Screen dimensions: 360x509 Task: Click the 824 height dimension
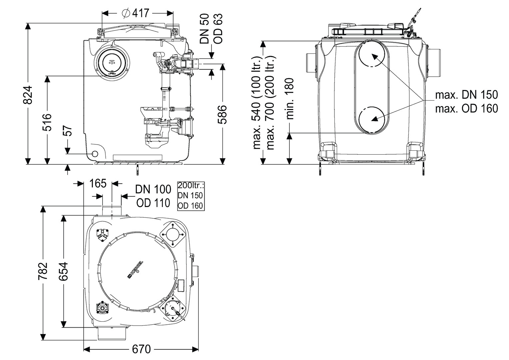(x=29, y=95)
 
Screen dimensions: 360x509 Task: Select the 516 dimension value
(x=48, y=122)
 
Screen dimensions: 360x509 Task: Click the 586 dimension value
(x=222, y=114)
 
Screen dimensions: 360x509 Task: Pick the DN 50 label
(x=205, y=29)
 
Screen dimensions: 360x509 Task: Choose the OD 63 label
(x=218, y=29)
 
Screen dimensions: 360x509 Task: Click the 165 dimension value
(x=98, y=183)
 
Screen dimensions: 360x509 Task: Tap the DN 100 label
(x=153, y=189)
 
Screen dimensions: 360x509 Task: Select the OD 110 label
(x=153, y=202)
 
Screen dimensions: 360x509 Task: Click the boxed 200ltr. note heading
(x=191, y=186)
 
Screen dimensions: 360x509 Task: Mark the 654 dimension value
(x=63, y=272)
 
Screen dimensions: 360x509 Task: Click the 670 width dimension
(x=141, y=349)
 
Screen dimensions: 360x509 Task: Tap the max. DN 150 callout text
(x=466, y=95)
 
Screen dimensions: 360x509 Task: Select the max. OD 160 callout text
(x=466, y=108)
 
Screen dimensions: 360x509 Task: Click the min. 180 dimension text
(x=290, y=99)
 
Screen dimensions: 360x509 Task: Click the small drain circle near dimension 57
(x=95, y=154)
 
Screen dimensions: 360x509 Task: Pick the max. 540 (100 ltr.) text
(x=258, y=103)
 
